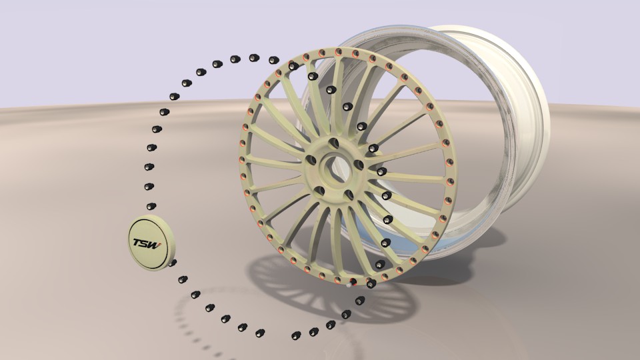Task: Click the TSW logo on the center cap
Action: point(146,243)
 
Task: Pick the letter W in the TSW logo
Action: point(154,244)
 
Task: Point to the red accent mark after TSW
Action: point(160,245)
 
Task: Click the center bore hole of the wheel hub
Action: point(333,168)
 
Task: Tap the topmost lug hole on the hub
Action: point(334,143)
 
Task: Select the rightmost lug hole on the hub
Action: point(359,165)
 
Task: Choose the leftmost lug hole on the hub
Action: point(311,159)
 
